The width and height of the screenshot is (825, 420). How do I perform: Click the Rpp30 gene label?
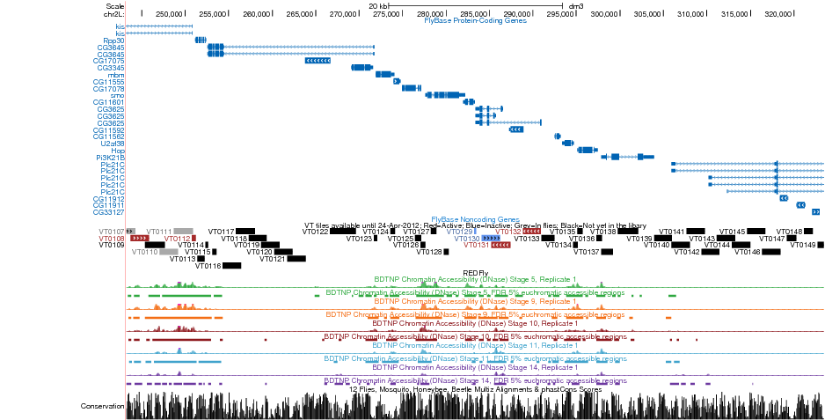tap(113, 41)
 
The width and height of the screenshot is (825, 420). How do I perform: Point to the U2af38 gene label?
tap(113, 143)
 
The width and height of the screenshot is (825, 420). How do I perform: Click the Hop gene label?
tap(117, 150)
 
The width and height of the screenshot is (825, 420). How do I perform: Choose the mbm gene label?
tap(115, 75)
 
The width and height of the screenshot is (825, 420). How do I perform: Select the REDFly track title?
tap(475, 273)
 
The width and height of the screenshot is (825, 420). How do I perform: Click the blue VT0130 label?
tap(467, 239)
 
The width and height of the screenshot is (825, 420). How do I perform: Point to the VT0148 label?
tap(790, 232)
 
